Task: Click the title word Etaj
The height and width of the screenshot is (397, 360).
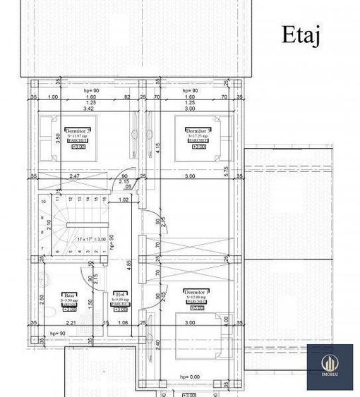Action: pos(301,35)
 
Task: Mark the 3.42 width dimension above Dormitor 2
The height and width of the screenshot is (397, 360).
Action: pos(88,110)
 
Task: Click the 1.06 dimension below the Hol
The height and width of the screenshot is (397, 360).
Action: pos(123,324)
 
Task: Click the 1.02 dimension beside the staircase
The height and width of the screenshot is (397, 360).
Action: pos(124,200)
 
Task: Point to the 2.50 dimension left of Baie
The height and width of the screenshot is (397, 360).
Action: pos(42,298)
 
